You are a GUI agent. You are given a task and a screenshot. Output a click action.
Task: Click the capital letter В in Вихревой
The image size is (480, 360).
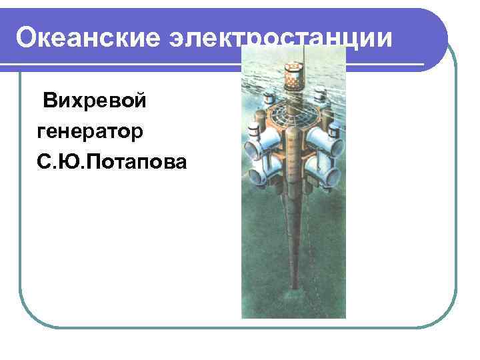[51, 103]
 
